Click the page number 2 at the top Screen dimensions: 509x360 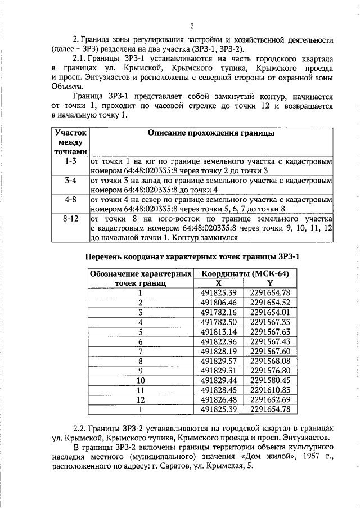191,26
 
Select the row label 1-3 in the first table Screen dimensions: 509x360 71,161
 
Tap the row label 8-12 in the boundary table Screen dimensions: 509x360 71,219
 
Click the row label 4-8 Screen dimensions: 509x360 71,200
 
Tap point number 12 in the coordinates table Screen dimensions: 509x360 139,399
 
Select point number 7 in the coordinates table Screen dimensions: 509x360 139,351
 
